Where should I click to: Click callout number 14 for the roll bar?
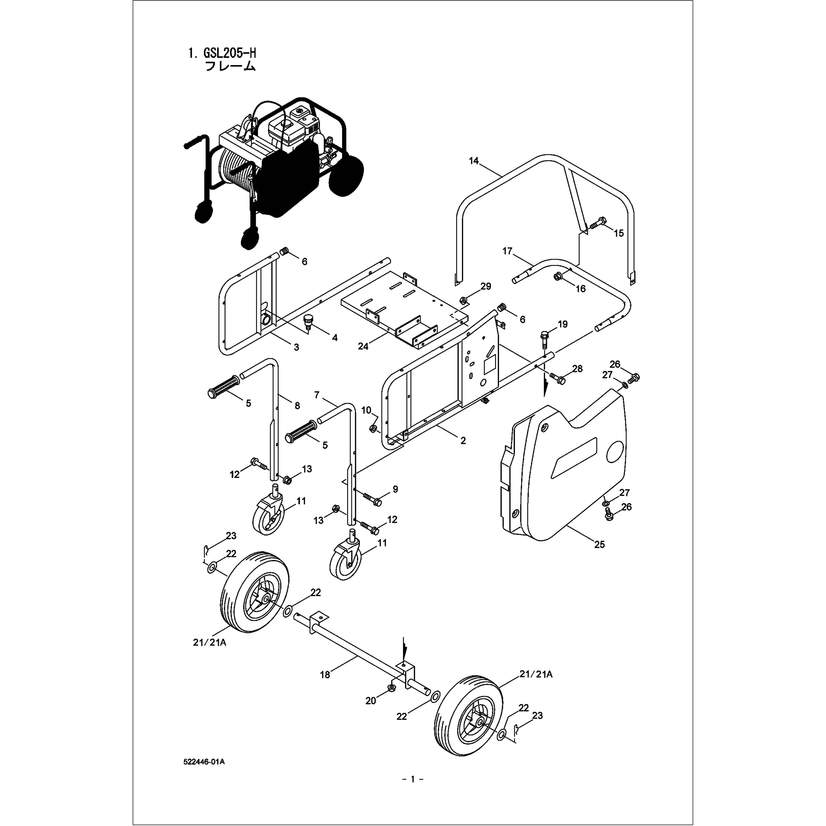474,161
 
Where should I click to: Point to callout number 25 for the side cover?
599,544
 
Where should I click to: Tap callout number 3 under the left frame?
296,347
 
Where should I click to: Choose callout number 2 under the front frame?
463,440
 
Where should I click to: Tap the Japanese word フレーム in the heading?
230,67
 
